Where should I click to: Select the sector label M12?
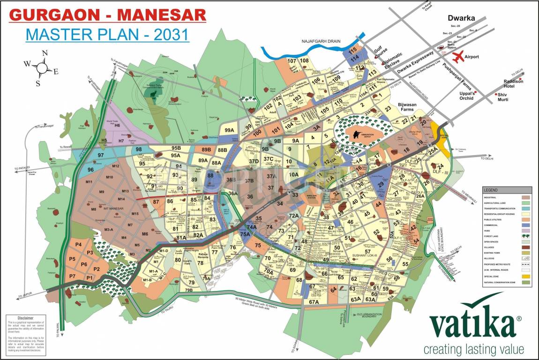tap(115, 166)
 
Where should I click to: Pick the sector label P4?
tap(78, 245)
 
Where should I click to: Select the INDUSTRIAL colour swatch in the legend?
tap(525, 197)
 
